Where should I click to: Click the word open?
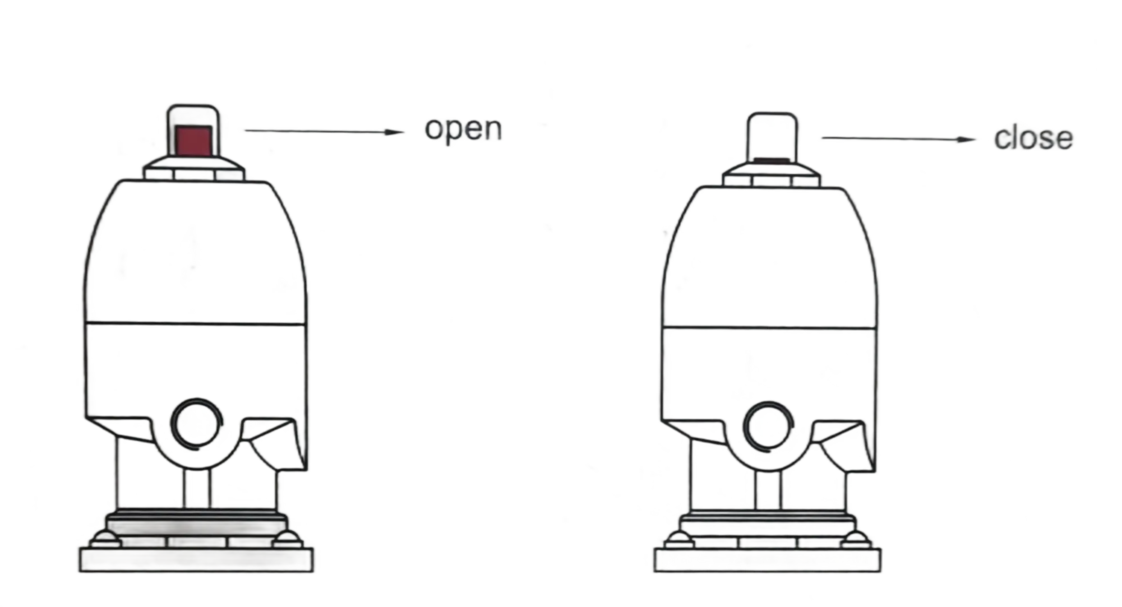pos(464,130)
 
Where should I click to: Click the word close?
pos(1032,139)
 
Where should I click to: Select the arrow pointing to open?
pos(325,131)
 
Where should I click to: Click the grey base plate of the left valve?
pos(196,561)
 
